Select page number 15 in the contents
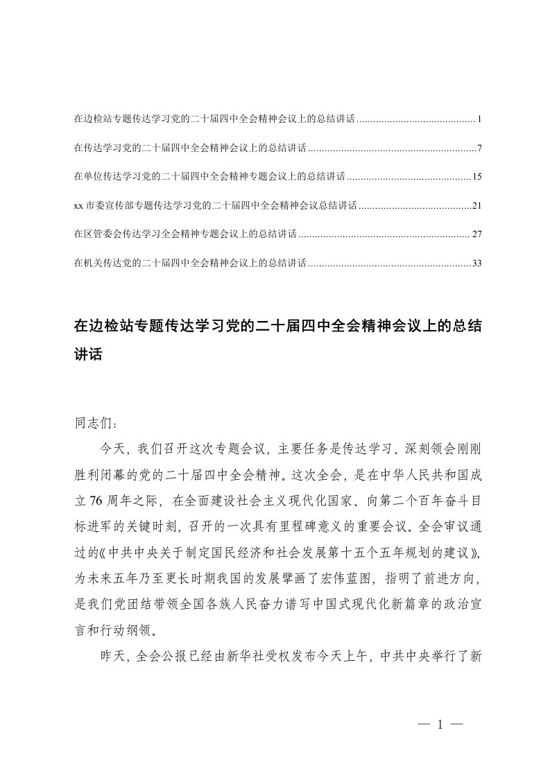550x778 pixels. (x=476, y=178)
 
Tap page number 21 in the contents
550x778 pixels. (x=476, y=206)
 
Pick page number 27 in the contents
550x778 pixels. (x=476, y=234)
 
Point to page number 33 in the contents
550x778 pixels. (x=476, y=263)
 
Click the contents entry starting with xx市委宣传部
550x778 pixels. (x=215, y=206)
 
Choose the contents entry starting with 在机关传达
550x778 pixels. (x=190, y=263)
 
